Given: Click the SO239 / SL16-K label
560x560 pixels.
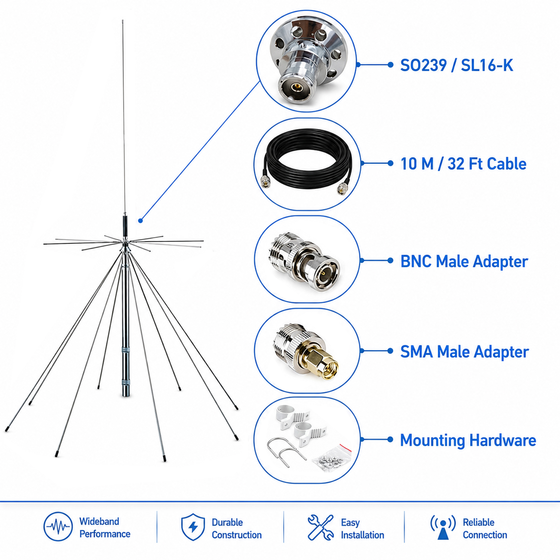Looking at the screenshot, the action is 456,65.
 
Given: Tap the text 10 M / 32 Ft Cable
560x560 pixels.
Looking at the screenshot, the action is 463,164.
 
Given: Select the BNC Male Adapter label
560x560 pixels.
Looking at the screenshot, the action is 464,261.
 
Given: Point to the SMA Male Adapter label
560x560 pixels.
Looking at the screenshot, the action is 465,352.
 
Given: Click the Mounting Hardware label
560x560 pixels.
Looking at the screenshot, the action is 468,440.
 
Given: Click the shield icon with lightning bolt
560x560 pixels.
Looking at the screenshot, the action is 193,527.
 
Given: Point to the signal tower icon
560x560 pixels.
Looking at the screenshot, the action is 443,527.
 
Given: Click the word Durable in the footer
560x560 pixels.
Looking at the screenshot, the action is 227,522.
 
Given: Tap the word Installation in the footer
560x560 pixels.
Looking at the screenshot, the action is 363,535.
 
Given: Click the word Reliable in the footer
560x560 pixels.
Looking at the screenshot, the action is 479,522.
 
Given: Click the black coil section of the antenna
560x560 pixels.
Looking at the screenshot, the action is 125,225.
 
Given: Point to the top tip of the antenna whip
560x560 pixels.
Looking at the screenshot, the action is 123,20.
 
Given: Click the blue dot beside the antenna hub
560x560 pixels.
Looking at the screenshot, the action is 141,221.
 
